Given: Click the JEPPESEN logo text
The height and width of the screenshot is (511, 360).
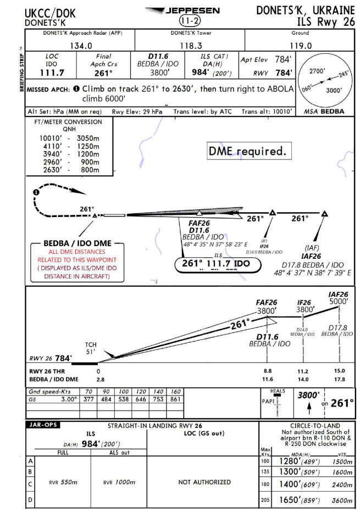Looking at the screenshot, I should (x=190, y=10).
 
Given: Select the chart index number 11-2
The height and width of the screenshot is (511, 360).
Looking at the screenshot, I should (x=190, y=21).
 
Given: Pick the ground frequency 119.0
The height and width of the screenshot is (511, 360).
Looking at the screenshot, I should (x=301, y=46).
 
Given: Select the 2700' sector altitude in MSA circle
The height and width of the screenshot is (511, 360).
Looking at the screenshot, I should (x=317, y=71).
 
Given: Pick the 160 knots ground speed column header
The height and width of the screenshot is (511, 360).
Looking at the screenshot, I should (x=176, y=392).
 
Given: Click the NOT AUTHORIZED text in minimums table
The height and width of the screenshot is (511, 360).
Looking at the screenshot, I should (x=204, y=482).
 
